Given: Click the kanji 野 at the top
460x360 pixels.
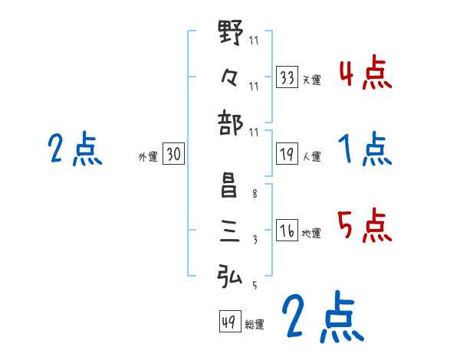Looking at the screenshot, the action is pos(231,33).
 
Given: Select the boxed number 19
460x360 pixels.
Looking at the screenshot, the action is pos(287,155).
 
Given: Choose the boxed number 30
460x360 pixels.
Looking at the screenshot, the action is pos(173,155).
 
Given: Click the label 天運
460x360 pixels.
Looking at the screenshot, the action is pos(311,80).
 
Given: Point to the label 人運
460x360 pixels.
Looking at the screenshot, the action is pos(311,157).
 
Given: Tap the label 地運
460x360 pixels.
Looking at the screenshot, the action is pos(311,234).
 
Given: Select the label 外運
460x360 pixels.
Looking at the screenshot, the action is pos(148,157).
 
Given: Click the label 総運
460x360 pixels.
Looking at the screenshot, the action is pos(255,325).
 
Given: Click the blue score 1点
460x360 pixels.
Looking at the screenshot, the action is pos(364,149).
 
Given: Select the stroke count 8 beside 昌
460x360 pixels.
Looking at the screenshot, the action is pos(254,195).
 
